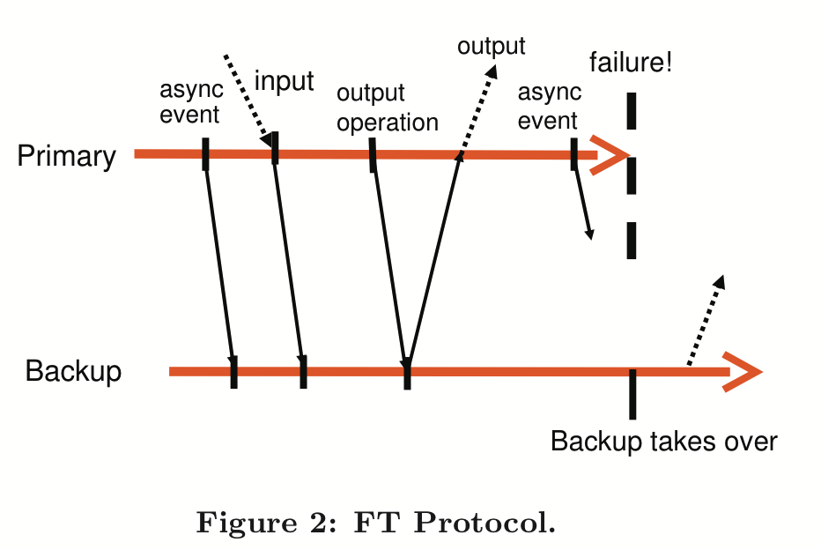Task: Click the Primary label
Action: pos(66,157)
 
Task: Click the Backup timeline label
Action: pos(73,371)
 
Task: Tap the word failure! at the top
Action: pos(631,63)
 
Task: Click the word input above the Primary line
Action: pos(284,81)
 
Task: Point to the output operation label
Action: pos(387,108)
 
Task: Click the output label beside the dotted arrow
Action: pos(491,46)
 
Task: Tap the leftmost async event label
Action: pos(190,101)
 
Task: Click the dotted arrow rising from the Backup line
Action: pos(706,319)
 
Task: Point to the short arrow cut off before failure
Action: pos(583,204)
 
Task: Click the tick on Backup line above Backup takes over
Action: pos(632,392)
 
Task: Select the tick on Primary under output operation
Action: pos(373,154)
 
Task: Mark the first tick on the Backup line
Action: pos(233,371)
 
